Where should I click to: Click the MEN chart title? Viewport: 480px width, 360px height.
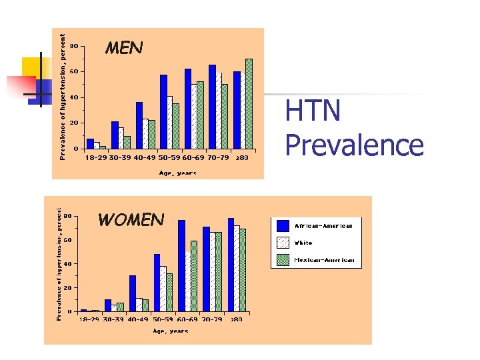coord(124,47)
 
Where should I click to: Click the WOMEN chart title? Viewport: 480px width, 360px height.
coord(131,219)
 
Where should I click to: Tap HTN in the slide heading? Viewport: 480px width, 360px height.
coord(313,111)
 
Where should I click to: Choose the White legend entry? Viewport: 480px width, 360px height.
coord(303,243)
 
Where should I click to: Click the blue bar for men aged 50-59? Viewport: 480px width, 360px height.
coord(163,111)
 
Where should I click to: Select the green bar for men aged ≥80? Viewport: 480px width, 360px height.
coord(249,103)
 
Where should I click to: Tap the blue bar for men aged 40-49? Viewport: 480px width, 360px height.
coord(139,125)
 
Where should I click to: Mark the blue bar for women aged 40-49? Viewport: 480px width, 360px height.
coord(133,293)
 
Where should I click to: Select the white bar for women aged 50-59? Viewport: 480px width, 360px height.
coord(163,289)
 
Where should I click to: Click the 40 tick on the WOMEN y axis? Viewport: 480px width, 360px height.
coord(69,264)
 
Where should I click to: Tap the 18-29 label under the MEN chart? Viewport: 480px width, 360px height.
coord(95,158)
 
